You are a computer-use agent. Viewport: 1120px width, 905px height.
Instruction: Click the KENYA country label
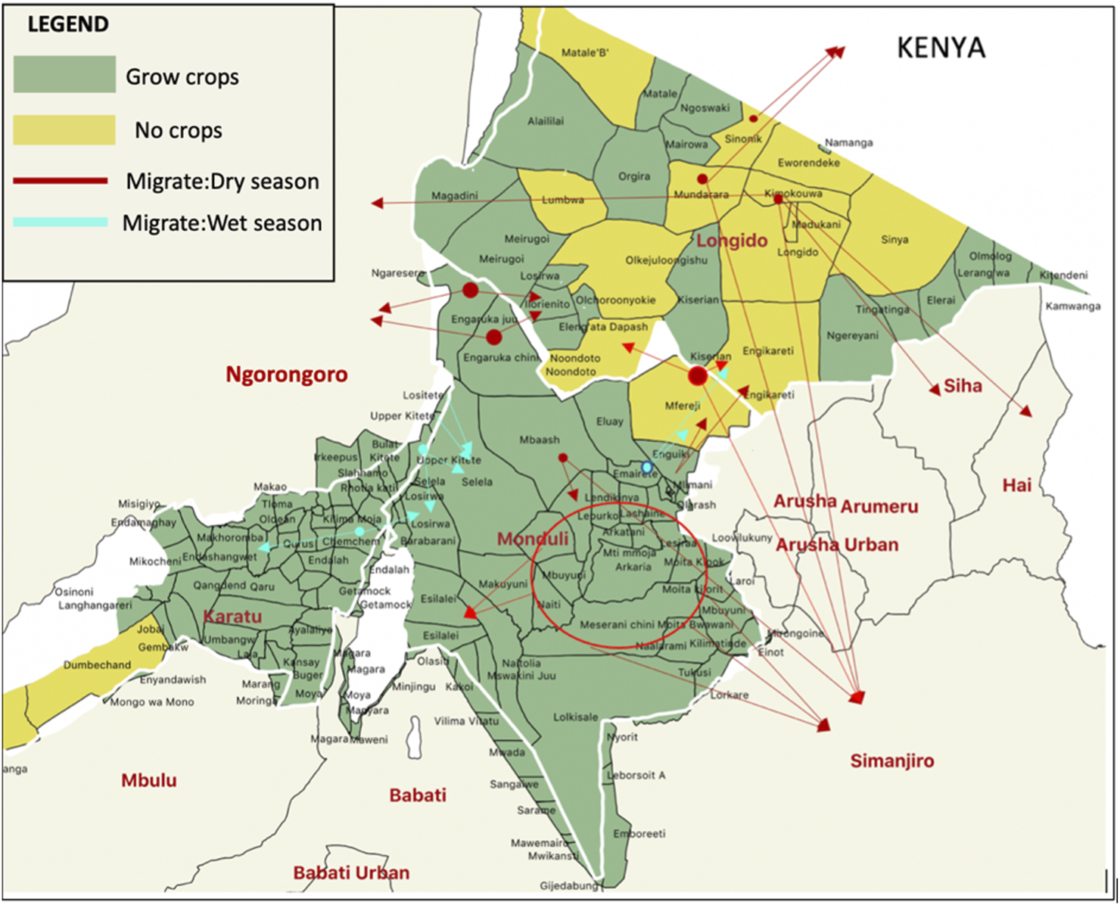click(941, 48)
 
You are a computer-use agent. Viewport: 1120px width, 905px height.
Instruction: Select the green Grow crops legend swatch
click(64, 74)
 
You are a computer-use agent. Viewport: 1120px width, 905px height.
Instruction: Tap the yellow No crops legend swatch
click(64, 130)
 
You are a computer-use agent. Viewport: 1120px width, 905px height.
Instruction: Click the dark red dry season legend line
click(61, 181)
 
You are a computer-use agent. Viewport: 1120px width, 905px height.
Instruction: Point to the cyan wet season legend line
click(61, 222)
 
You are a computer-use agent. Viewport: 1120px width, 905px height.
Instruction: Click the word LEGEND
click(68, 24)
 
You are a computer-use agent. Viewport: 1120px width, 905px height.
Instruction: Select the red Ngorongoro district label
click(287, 375)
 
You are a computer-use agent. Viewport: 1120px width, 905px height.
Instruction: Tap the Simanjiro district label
click(891, 761)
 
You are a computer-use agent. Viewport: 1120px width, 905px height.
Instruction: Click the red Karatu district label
click(233, 617)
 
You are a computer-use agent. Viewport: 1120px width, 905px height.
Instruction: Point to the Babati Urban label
click(351, 872)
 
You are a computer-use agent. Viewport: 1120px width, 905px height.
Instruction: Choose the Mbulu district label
click(149, 780)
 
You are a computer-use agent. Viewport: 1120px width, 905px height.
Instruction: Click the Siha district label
click(963, 386)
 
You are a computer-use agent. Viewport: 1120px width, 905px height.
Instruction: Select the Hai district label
click(1016, 485)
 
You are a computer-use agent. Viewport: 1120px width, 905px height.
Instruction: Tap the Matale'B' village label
click(585, 53)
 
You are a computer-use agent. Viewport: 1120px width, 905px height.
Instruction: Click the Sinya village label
click(894, 240)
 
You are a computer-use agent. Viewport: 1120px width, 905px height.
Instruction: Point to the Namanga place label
click(848, 142)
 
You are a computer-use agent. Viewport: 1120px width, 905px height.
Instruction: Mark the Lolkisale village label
click(575, 717)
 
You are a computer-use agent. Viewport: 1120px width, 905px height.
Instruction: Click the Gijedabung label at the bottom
click(568, 885)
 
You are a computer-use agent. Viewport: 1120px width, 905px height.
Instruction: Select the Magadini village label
click(454, 196)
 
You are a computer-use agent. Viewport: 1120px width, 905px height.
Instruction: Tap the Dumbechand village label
click(97, 665)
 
